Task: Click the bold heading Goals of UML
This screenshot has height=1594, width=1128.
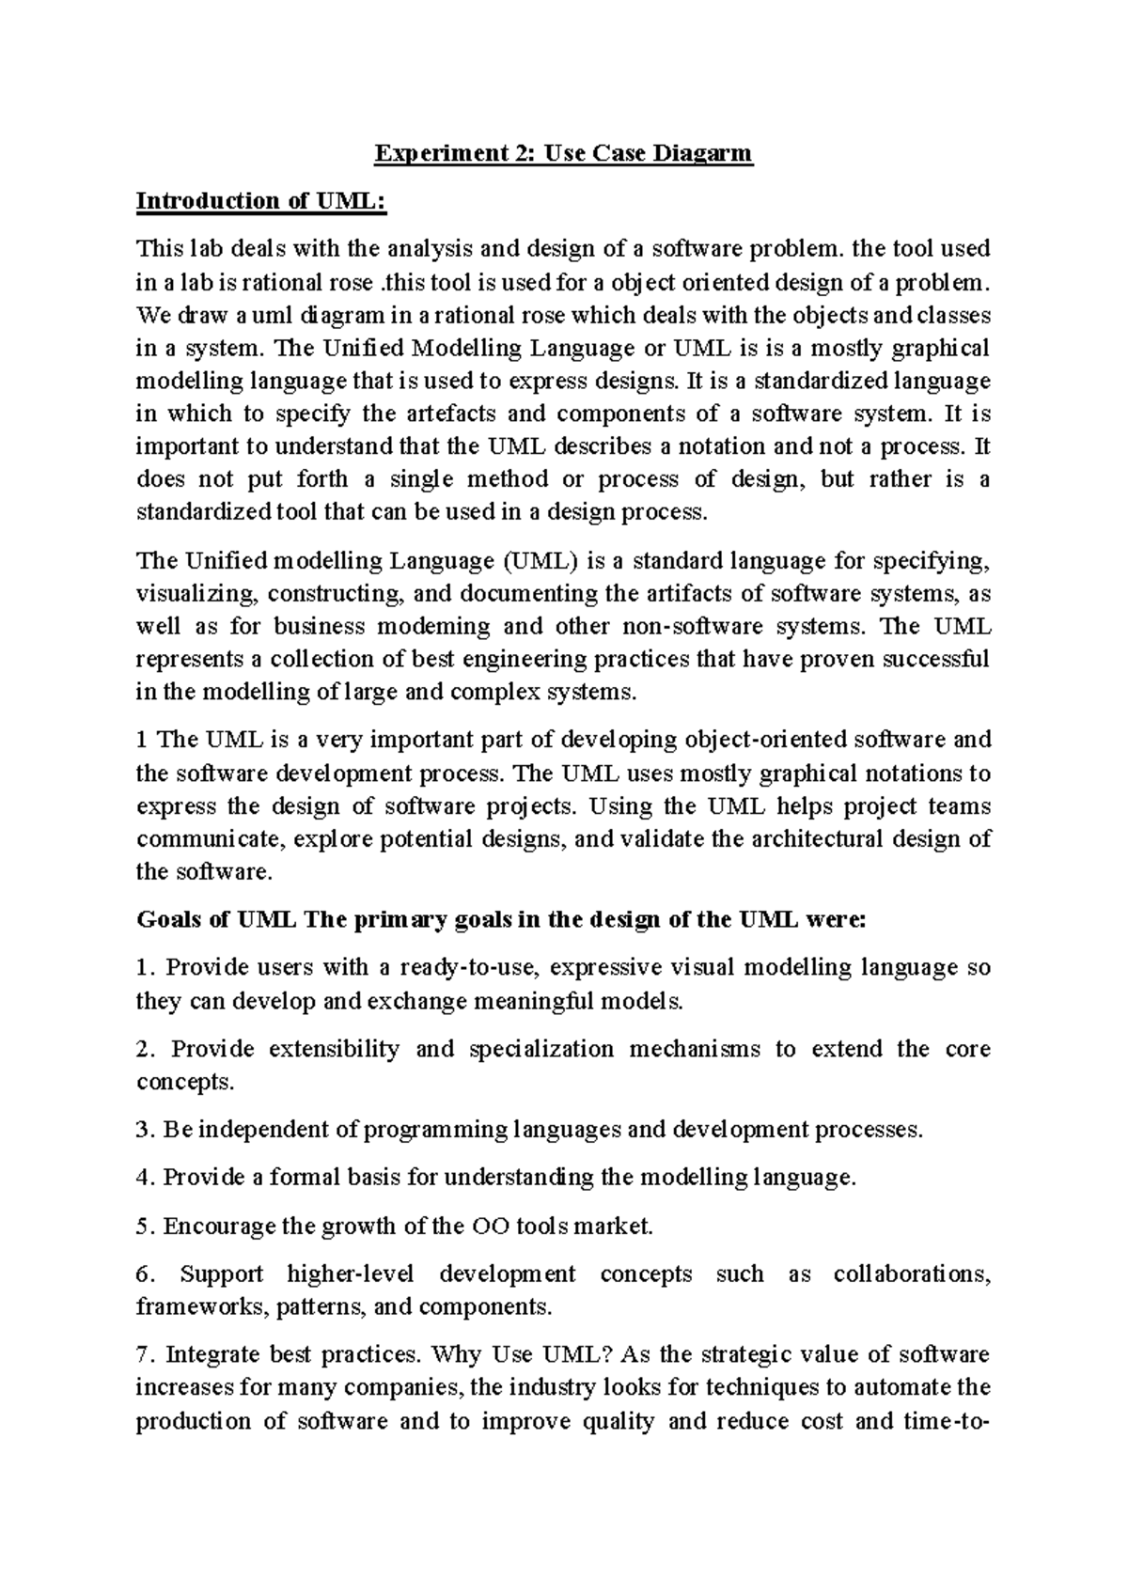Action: click(x=216, y=920)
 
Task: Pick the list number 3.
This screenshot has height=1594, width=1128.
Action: click(x=143, y=1130)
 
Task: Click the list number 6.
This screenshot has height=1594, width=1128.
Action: click(x=143, y=1275)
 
